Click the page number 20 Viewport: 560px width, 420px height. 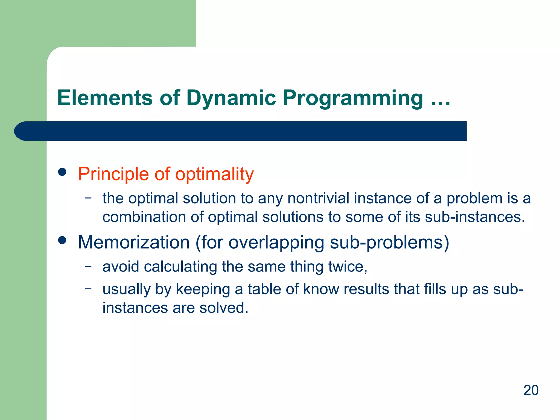(x=531, y=390)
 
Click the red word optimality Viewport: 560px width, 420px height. (x=214, y=174)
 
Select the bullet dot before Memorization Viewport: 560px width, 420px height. (x=62, y=240)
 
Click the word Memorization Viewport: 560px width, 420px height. (x=134, y=242)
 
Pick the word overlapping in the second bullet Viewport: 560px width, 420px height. (x=276, y=243)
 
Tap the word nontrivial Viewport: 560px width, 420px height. (x=318, y=198)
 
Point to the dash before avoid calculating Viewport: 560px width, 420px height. (x=88, y=266)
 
